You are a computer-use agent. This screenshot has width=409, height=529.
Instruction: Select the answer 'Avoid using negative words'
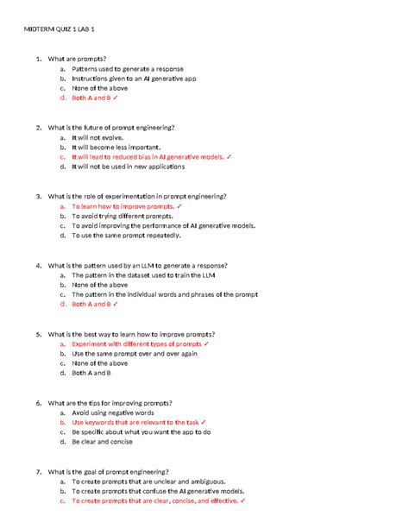pyautogui.click(x=112, y=412)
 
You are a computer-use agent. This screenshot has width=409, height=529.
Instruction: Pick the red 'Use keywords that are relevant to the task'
pyautogui.click(x=138, y=422)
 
